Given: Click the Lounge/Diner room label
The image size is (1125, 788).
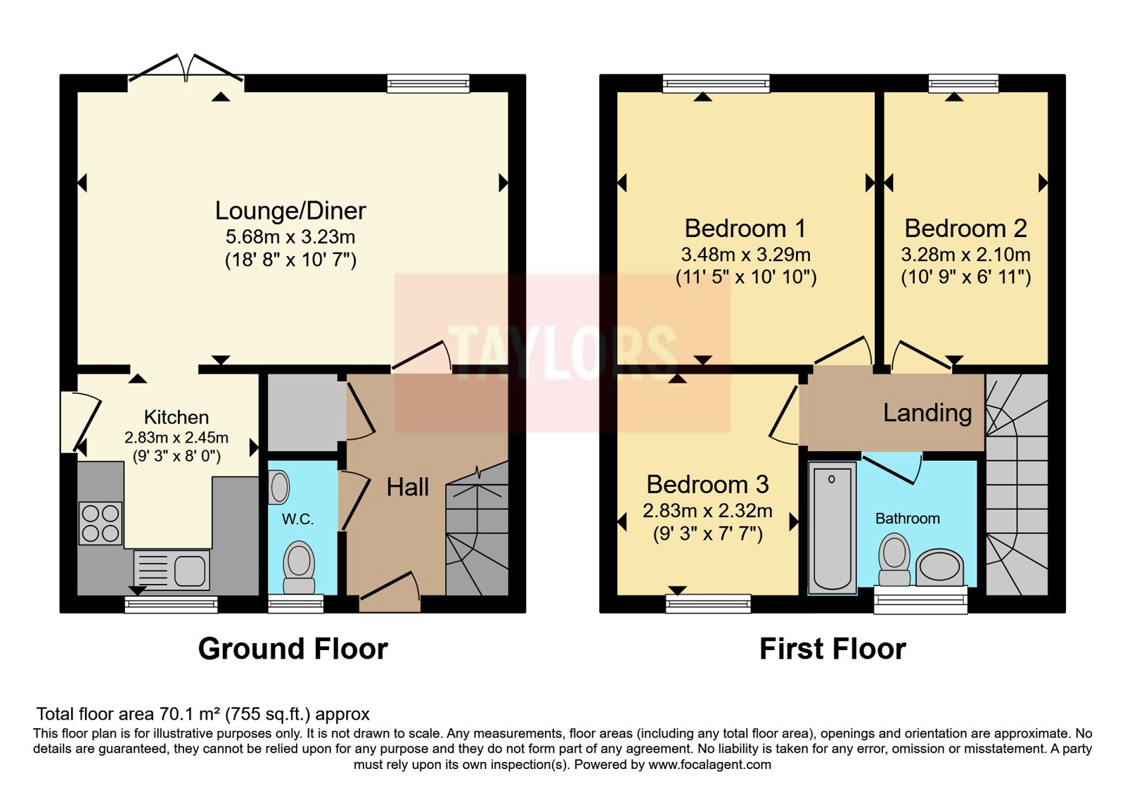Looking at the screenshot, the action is click(x=290, y=211).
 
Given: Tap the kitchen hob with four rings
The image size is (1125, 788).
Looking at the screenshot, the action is click(x=100, y=523).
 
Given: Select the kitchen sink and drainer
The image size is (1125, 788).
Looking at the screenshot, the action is click(x=172, y=570).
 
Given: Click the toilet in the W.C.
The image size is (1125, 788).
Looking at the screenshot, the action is click(x=299, y=567).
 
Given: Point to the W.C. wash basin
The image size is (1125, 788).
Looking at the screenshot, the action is click(x=278, y=487).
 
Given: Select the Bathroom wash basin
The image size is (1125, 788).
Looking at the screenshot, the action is click(x=939, y=568).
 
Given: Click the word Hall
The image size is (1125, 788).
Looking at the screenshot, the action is click(x=407, y=487).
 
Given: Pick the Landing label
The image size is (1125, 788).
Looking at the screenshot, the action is click(x=927, y=413).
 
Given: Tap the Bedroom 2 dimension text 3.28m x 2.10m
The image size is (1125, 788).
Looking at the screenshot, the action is click(x=965, y=255).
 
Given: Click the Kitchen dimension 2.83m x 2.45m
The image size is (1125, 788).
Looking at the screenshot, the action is click(x=176, y=438).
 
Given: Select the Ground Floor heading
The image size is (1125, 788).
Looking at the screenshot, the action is click(x=292, y=648).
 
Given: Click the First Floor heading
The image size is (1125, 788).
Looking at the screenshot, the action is click(x=832, y=648).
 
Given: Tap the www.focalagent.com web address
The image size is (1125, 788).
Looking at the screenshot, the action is click(x=709, y=765).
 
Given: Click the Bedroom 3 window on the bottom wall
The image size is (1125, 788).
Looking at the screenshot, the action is click(x=708, y=604).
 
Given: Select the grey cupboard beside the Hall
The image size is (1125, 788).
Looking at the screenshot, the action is click(x=303, y=412).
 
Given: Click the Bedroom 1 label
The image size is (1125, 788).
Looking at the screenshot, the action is click(x=745, y=229).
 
